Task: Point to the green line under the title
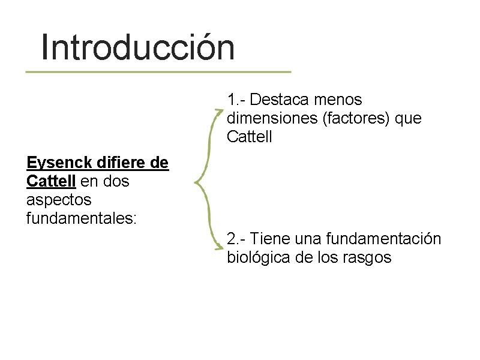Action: [x=158, y=72]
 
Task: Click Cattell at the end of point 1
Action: [x=250, y=137]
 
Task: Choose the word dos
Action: [x=115, y=181]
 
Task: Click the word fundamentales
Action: [x=81, y=218]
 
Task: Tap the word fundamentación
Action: [x=384, y=239]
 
